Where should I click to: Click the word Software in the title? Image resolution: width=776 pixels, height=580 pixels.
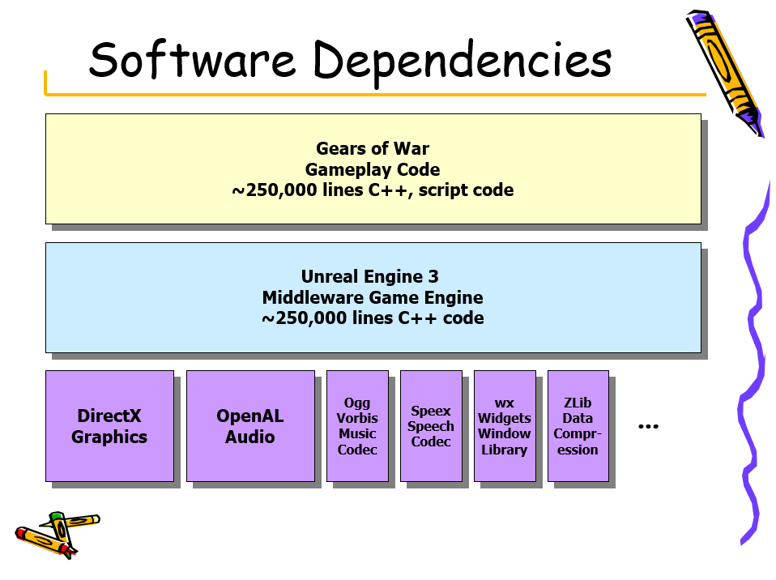(x=193, y=59)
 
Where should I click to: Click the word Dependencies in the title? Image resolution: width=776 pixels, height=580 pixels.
(x=463, y=62)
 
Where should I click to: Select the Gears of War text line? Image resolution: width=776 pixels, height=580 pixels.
(x=373, y=148)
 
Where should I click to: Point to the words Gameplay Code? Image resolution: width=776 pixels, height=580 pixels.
(x=373, y=170)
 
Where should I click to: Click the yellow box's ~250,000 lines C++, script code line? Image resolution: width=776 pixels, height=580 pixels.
(x=373, y=190)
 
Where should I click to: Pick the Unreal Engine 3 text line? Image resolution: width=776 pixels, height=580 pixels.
(x=369, y=276)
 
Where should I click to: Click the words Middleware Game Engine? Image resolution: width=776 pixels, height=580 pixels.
(x=373, y=297)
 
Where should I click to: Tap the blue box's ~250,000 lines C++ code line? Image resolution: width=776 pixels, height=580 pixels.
(x=373, y=318)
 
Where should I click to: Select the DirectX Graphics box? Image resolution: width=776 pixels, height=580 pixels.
(x=109, y=425)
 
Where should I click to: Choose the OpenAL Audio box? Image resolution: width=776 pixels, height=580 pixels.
(x=250, y=425)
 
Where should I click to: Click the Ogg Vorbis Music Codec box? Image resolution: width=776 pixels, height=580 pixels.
(x=357, y=425)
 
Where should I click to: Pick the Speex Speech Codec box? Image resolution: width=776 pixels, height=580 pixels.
(x=431, y=425)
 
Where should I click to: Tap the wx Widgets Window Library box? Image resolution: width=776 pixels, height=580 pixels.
(x=505, y=425)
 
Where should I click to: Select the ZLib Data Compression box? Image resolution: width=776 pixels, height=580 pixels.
(x=578, y=425)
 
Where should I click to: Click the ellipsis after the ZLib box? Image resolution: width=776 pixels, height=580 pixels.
(x=648, y=427)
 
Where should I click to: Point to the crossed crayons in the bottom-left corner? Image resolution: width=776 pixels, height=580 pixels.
(x=58, y=535)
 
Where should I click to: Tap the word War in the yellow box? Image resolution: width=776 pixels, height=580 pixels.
(x=411, y=148)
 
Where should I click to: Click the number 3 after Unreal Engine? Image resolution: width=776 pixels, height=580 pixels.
(x=433, y=276)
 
